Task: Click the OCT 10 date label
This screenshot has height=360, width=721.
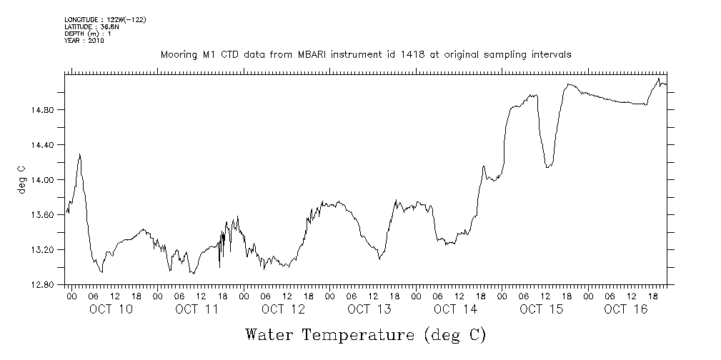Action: pos(111,309)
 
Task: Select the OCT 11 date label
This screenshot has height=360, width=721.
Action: pos(197,309)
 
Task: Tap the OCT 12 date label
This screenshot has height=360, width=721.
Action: pos(283,309)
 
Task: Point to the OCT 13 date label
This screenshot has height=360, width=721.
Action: pos(369,309)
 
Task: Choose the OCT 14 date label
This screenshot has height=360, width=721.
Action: pos(454,309)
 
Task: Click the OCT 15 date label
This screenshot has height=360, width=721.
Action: pos(541,309)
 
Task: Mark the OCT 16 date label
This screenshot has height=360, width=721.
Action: pos(627,309)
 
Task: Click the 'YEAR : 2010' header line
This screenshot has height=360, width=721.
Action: pos(84,41)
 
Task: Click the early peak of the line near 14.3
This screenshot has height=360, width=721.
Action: pos(79,154)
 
